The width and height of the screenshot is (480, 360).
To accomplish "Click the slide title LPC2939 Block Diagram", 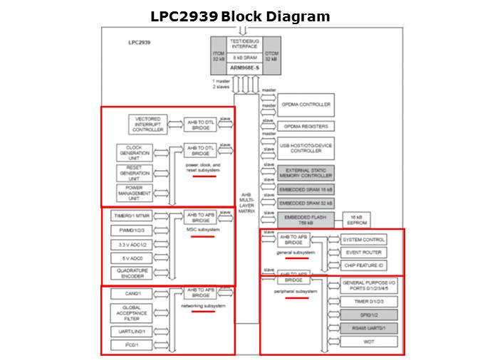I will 240,16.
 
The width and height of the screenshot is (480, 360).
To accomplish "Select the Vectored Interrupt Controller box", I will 148,125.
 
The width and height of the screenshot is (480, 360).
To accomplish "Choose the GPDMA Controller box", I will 305,105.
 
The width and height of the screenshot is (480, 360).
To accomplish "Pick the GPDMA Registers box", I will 305,126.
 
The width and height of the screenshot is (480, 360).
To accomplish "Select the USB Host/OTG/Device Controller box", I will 305,147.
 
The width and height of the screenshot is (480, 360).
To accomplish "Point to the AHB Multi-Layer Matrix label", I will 246,202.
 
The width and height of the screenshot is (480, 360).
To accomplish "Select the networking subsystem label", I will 203,306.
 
